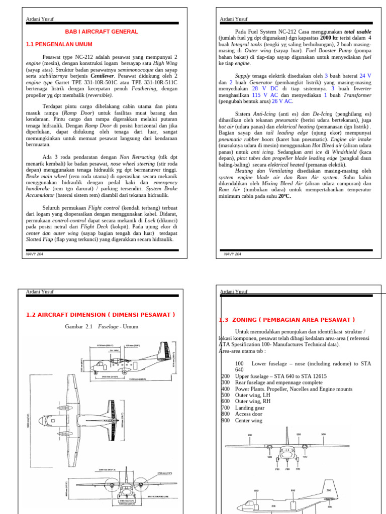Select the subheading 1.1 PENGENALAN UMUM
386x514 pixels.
tap(59, 44)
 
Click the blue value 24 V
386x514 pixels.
tap(365, 75)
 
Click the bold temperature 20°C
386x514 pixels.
tap(282, 196)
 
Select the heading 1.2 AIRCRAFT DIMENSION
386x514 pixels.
tap(100, 315)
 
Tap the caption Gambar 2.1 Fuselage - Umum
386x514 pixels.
tap(101, 327)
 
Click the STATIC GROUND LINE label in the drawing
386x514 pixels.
tap(160, 497)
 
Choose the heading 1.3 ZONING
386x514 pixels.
tap(287, 320)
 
